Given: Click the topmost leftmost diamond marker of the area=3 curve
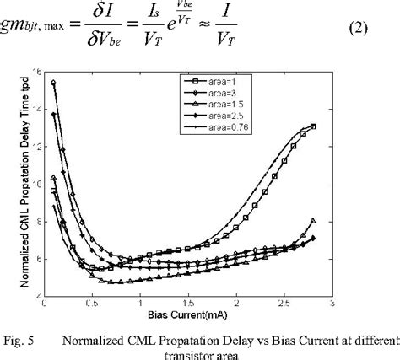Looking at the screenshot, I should coord(54,83).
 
